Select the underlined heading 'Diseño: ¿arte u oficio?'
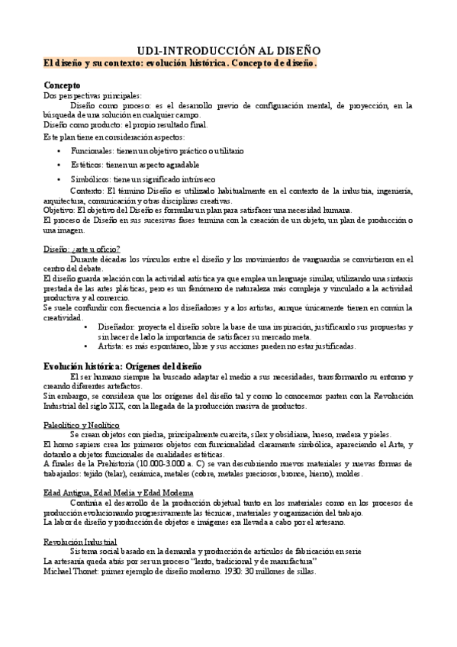(82, 249)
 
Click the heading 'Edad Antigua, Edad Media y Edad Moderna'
(119, 493)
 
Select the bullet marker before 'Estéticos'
(60, 165)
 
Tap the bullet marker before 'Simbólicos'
(60, 179)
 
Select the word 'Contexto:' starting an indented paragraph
(86, 190)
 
